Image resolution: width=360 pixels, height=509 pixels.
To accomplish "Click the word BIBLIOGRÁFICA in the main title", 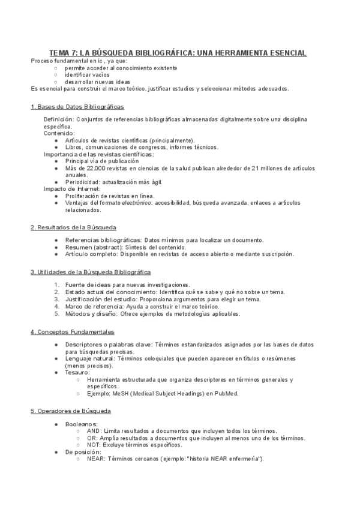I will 159,53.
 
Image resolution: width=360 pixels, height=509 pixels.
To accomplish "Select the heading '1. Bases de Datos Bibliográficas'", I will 77,106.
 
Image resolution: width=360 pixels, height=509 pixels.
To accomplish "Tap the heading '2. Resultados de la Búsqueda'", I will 73,227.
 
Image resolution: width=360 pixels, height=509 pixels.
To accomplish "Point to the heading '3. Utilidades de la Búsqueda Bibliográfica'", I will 91,272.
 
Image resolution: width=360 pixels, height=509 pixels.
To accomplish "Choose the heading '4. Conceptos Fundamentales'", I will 72,332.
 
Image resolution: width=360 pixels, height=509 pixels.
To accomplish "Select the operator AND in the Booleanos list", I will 94,431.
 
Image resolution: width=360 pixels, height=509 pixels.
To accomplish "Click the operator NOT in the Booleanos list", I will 94,445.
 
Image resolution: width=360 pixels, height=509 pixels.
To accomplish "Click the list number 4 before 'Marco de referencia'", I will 56,306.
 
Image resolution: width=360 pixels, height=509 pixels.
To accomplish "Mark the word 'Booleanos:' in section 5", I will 81,424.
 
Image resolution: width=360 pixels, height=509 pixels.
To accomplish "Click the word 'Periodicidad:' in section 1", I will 83,182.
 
